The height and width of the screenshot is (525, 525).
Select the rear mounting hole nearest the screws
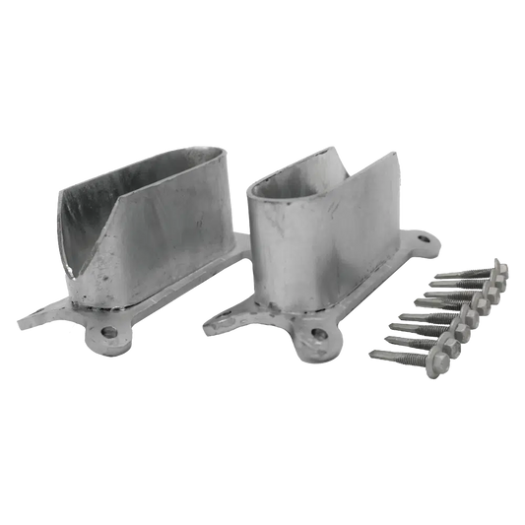426,237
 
